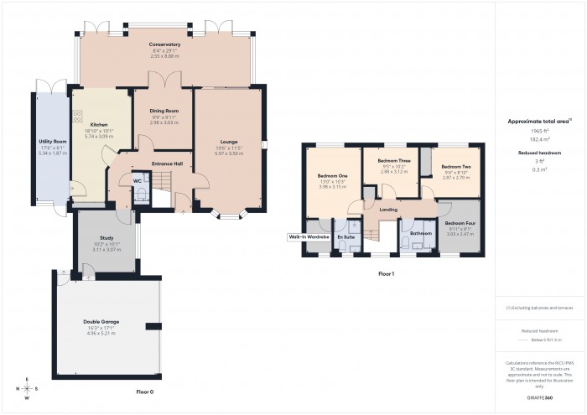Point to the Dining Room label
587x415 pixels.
(x=164, y=111)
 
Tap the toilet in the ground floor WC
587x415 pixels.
(x=141, y=195)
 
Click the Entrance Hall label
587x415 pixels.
(x=167, y=163)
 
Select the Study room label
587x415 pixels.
(x=106, y=238)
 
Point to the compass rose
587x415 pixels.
(x=28, y=388)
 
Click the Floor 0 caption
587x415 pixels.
(x=145, y=392)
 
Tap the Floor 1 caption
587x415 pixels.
(x=386, y=274)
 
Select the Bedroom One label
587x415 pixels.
(x=332, y=176)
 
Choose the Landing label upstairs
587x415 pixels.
(x=387, y=209)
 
